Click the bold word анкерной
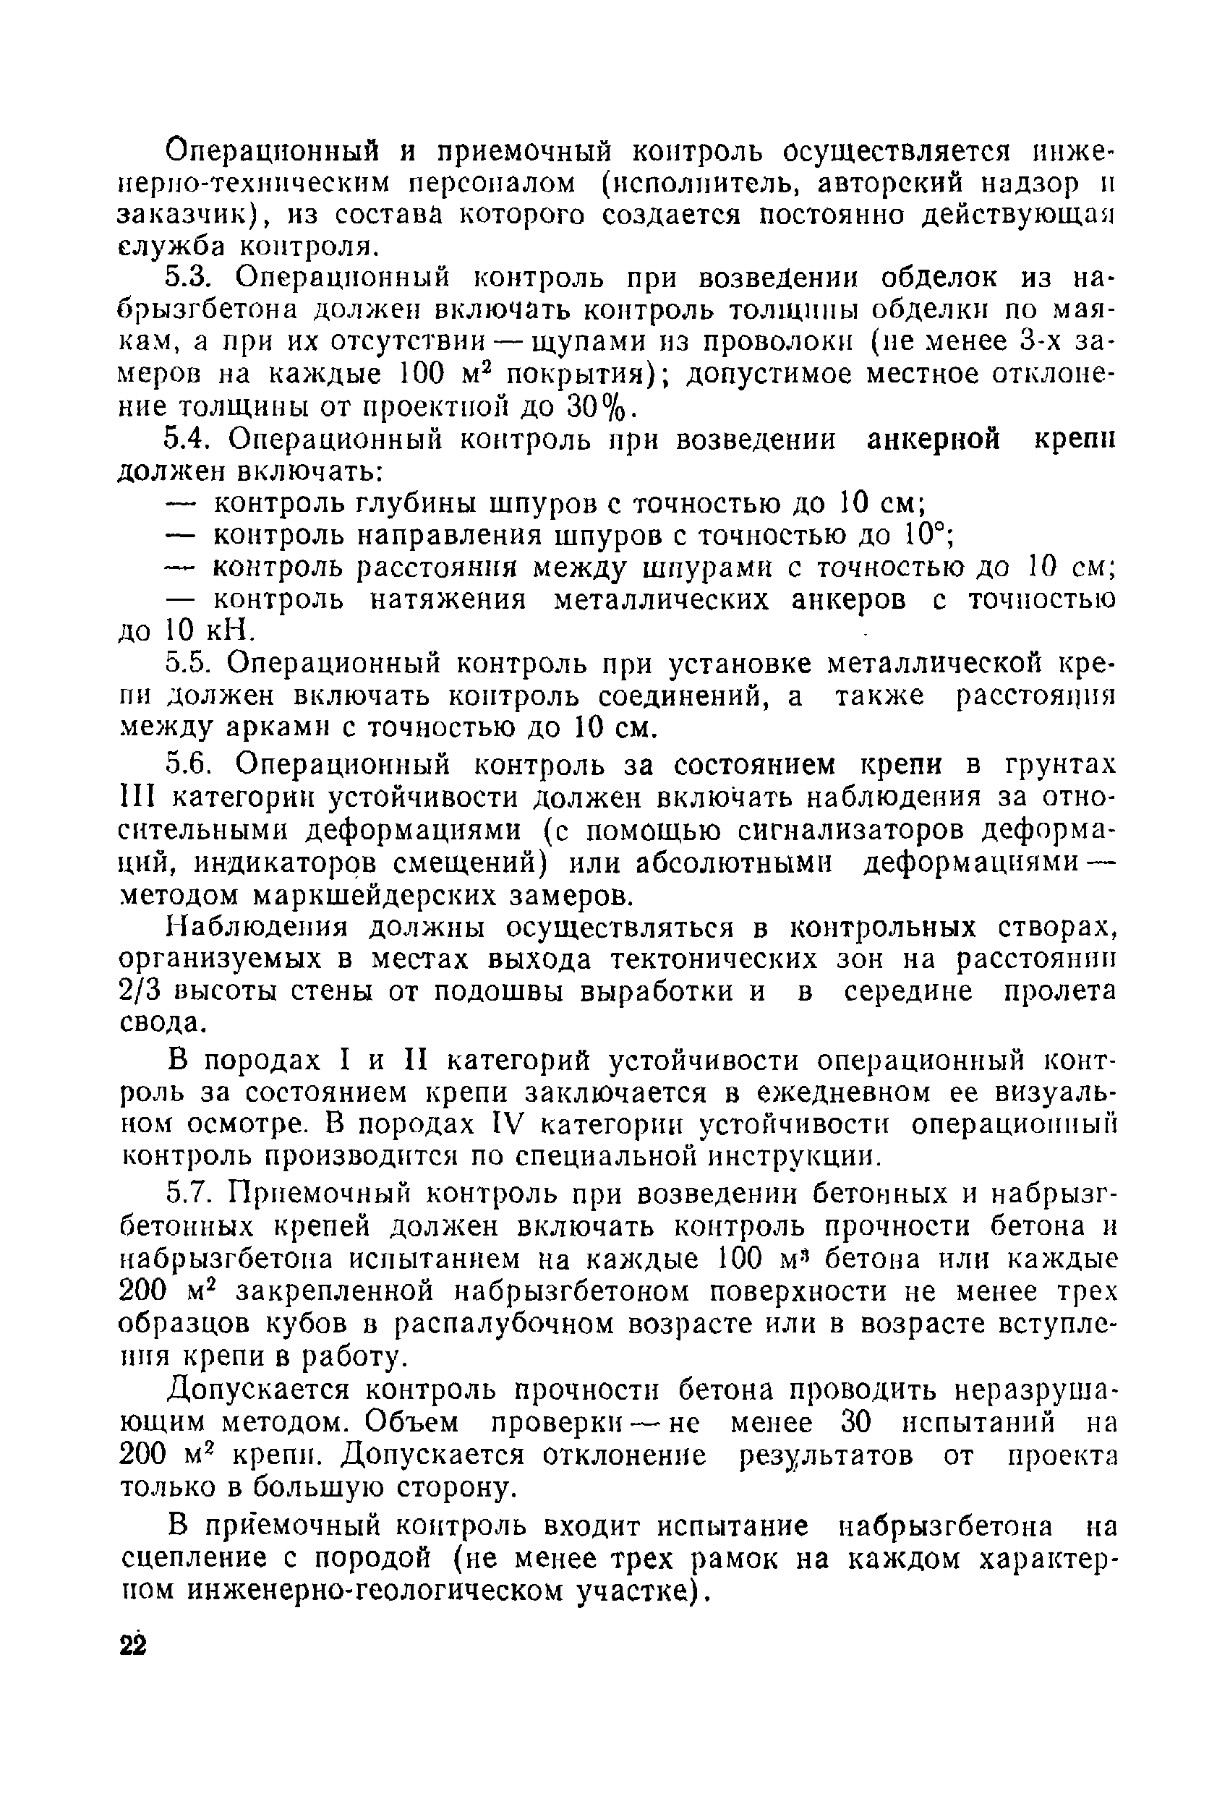click(x=934, y=440)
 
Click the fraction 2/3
click(x=139, y=991)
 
